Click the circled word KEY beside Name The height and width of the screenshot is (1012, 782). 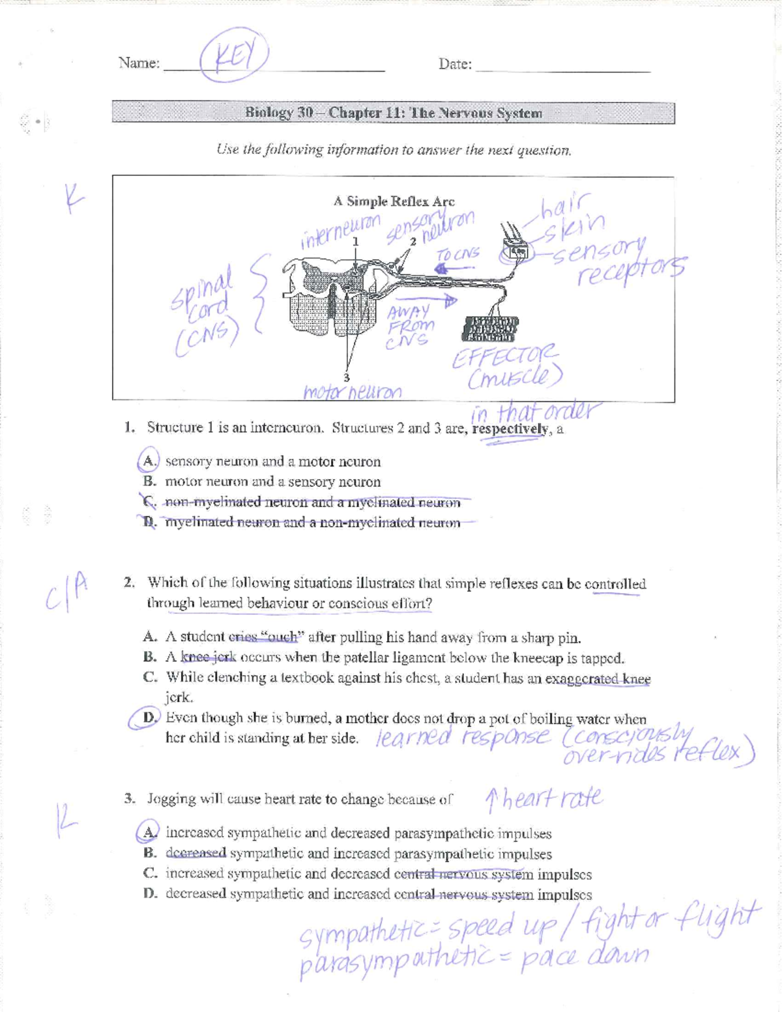pos(233,59)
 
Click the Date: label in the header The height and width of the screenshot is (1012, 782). pos(455,64)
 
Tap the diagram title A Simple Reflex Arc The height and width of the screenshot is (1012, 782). pos(394,201)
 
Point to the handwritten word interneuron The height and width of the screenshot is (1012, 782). pos(340,231)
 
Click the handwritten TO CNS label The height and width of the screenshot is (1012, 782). pos(459,253)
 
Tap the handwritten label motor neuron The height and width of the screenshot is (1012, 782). pos(352,392)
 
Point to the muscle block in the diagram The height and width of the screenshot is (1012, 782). pos(490,329)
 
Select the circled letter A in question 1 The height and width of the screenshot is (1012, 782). pos(149,461)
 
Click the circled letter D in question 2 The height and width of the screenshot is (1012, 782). pos(149,718)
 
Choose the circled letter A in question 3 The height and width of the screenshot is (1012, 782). pos(149,832)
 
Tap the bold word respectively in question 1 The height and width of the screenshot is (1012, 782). pos(510,429)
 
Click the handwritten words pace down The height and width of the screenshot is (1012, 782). pos(585,957)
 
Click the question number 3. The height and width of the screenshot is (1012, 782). pos(130,798)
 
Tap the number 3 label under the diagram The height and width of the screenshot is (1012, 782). pos(346,377)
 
